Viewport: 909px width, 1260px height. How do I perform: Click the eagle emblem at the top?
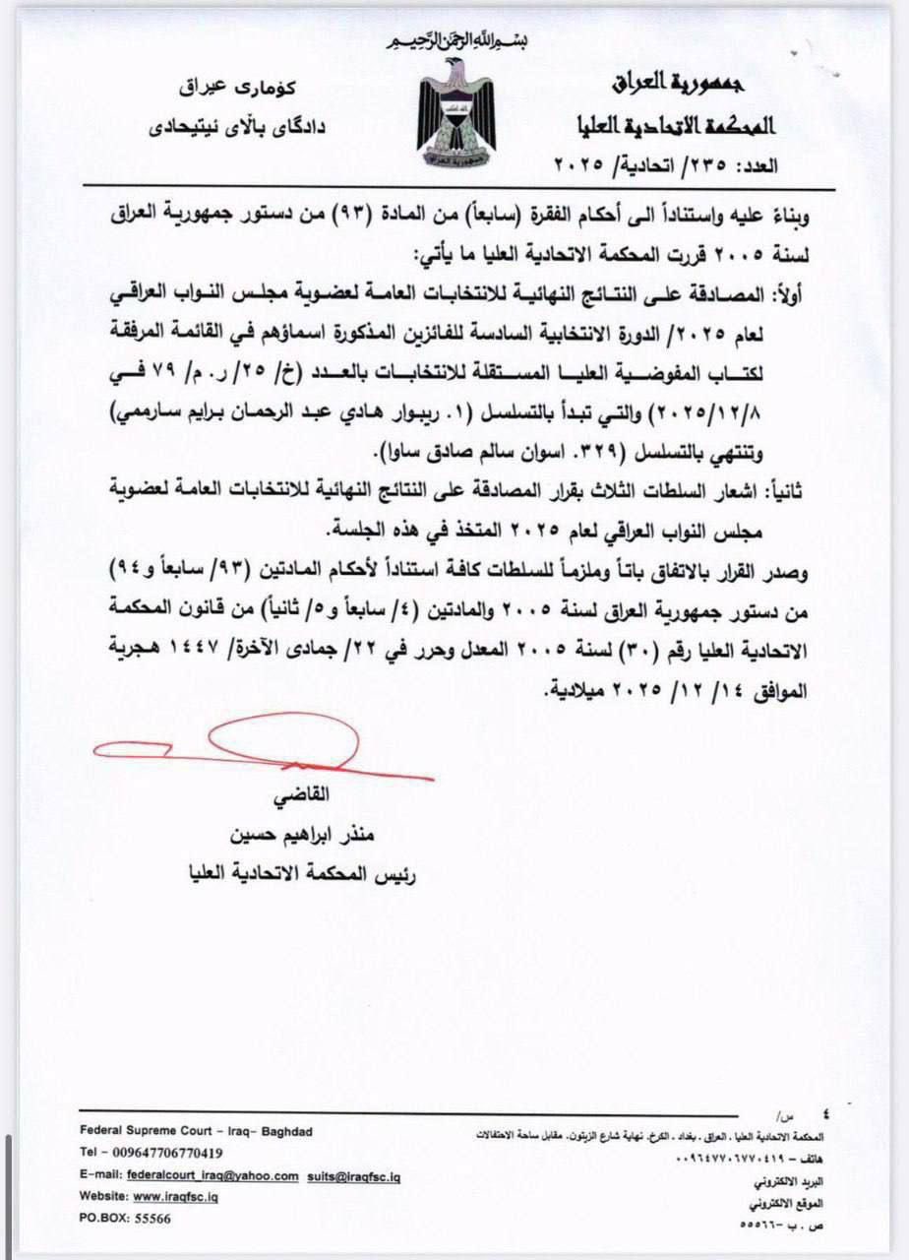tap(453, 114)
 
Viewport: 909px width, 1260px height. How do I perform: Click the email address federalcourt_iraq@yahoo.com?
tap(212, 1175)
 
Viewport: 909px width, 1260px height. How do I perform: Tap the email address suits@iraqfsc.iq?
tap(354, 1175)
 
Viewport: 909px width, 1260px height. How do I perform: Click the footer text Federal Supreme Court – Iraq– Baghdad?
tap(196, 1131)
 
